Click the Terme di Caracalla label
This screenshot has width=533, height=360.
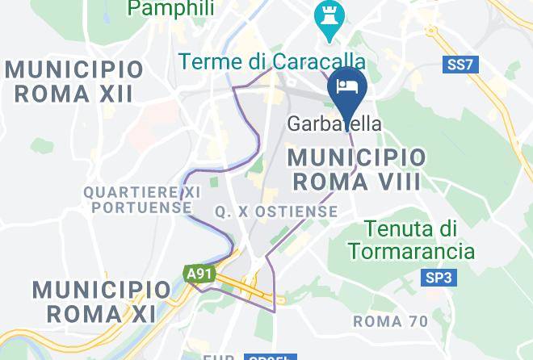coord(271,61)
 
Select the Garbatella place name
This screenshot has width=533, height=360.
coord(335,124)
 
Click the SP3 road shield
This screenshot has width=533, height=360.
coord(440,278)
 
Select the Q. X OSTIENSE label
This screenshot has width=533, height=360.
coord(276,211)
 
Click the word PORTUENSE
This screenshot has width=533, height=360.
coord(142,207)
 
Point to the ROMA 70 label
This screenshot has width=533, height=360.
coord(391,321)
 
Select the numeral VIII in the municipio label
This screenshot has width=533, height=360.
coord(391,181)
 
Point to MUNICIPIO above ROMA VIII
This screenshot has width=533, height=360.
coord(357,156)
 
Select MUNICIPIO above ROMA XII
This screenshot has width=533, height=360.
coord(74,68)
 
